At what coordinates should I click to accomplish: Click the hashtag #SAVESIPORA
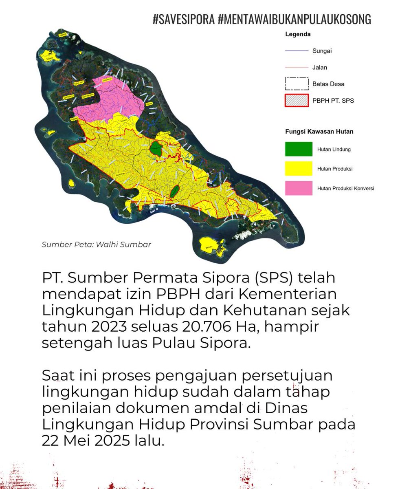(184, 19)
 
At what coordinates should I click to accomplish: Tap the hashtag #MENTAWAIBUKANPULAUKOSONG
(295, 19)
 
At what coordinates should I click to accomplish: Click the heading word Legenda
(297, 35)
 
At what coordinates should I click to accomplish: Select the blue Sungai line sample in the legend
(296, 51)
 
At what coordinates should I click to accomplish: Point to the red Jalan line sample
(296, 67)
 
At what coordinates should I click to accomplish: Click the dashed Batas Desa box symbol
(296, 83)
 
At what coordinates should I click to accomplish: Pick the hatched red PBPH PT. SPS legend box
(296, 100)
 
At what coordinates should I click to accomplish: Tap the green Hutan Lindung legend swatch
(299, 149)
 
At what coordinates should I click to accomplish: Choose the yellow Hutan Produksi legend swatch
(299, 169)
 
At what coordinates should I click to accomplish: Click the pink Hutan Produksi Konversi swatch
(299, 188)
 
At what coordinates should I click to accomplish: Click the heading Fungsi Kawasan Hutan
(319, 132)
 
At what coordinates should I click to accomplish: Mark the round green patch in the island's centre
(155, 148)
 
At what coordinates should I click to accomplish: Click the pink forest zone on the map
(110, 98)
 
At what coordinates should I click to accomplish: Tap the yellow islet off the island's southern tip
(211, 246)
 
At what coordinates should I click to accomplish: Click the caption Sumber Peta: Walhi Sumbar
(97, 244)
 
